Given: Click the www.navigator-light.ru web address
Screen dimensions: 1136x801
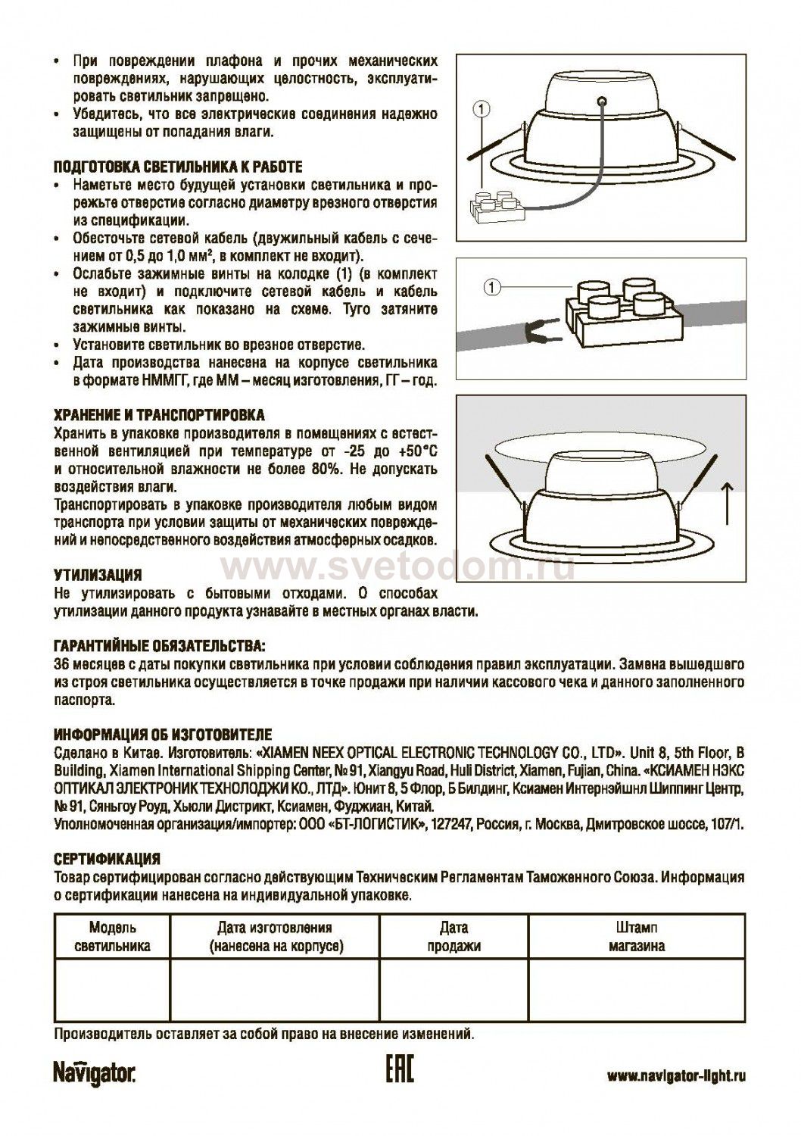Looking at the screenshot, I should (677, 1076).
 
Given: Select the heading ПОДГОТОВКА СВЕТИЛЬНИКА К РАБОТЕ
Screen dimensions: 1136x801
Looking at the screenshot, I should (179, 167).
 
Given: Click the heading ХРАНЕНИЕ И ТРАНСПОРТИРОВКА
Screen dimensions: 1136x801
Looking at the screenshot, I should (159, 416).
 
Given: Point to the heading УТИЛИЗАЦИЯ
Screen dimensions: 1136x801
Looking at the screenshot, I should (98, 576).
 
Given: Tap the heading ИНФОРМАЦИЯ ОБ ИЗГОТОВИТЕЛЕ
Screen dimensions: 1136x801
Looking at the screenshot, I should (162, 735).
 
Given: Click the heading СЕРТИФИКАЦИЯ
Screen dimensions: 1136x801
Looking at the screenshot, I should (107, 860).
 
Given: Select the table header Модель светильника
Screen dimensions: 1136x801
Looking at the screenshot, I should (113, 936).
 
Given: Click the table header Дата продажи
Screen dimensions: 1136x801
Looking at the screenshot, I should (453, 936).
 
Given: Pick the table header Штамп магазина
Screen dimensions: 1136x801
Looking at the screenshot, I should (637, 936).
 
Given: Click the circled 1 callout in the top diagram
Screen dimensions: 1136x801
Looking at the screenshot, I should (479, 109).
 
